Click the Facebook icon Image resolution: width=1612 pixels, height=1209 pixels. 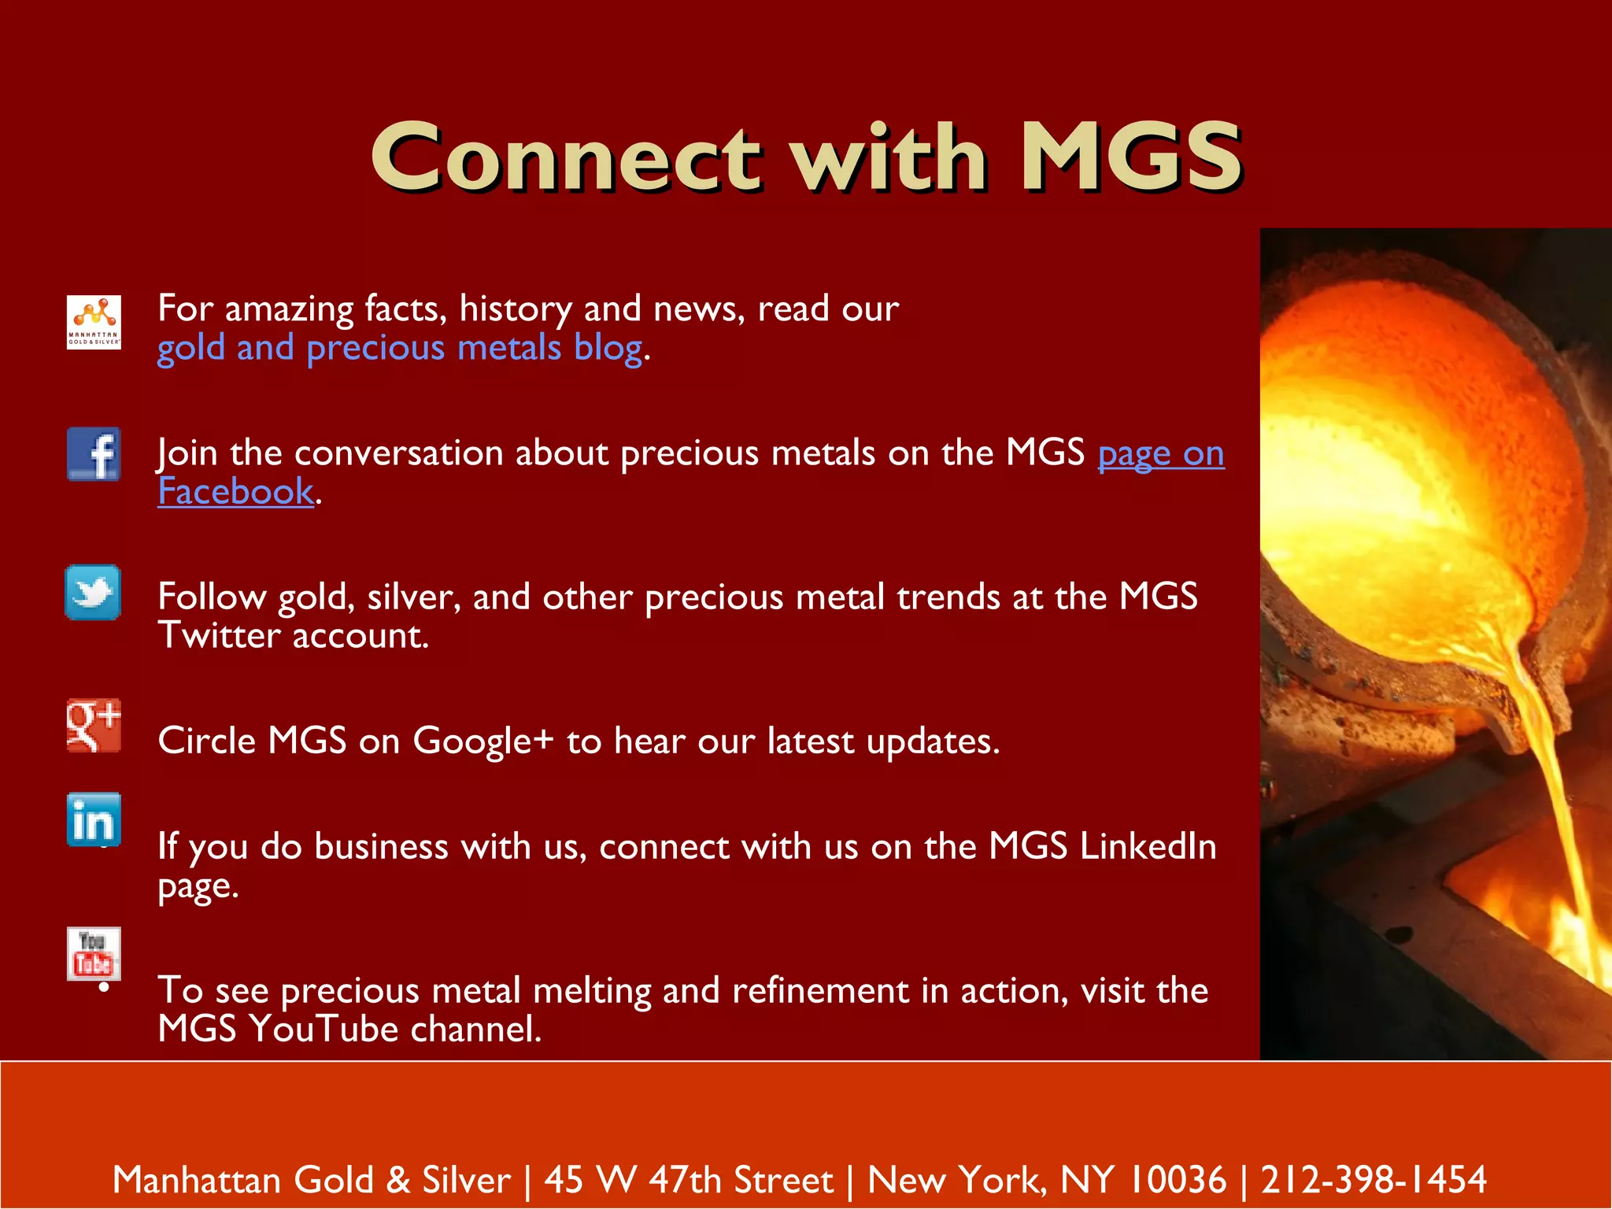pyautogui.click(x=94, y=454)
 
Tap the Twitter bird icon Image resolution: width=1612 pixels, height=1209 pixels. pyautogui.click(x=93, y=593)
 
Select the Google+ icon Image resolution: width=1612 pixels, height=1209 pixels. pyautogui.click(x=94, y=725)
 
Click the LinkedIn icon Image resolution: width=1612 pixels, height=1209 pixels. pyautogui.click(x=94, y=820)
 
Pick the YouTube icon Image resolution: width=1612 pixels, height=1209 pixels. pyautogui.click(x=94, y=953)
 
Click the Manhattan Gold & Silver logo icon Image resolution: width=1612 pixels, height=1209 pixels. pyautogui.click(x=94, y=322)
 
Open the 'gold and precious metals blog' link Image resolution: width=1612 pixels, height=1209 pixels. pyautogui.click(x=400, y=348)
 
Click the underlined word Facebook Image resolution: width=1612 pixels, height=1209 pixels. pyautogui.click(x=235, y=492)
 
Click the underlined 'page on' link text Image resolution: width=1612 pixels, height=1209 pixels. pyautogui.click(x=1160, y=453)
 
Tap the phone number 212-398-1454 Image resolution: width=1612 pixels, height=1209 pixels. pyautogui.click(x=1374, y=1180)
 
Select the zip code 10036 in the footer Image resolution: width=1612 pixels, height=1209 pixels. pyautogui.click(x=1178, y=1180)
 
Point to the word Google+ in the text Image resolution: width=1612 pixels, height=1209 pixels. pyautogui.click(x=483, y=741)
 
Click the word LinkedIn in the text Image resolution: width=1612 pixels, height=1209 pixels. pyautogui.click(x=1148, y=847)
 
